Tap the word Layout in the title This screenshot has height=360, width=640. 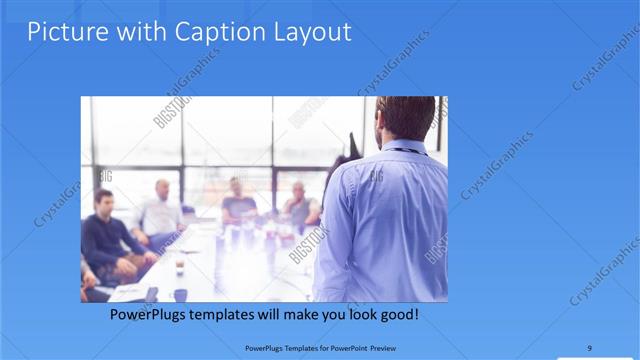(x=312, y=32)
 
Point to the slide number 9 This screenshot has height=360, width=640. (x=590, y=349)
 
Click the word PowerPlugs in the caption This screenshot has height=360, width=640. (x=150, y=315)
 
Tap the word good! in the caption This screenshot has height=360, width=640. (x=397, y=315)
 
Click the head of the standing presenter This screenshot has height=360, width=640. (x=404, y=119)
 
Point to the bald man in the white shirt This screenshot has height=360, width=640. (x=160, y=211)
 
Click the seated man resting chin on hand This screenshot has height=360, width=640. (x=299, y=205)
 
